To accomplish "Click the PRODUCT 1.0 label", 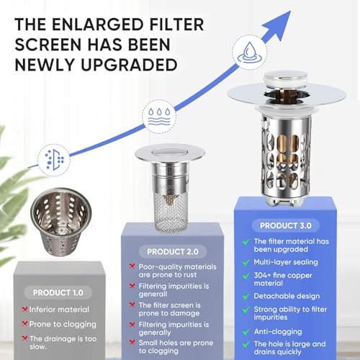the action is (58, 292).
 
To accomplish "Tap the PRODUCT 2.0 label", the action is (173, 251).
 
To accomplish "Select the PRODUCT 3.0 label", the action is (286, 225).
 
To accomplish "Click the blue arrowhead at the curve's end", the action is (279, 24).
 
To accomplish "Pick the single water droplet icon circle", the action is (250, 52).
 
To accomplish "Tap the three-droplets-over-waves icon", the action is (159, 117).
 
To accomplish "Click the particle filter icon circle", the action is (54, 160).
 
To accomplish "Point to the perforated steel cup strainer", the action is (61, 222).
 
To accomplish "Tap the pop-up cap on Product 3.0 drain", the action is (285, 80).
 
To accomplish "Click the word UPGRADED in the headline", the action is (129, 65).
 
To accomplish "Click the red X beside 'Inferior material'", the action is (24, 310).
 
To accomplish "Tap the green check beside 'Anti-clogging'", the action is (246, 332).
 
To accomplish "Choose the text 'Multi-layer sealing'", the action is (286, 262).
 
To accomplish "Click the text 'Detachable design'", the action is (287, 296).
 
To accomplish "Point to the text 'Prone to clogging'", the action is (63, 324).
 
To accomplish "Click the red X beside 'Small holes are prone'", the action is (132, 342).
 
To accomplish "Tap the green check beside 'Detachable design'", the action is (246, 297).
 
